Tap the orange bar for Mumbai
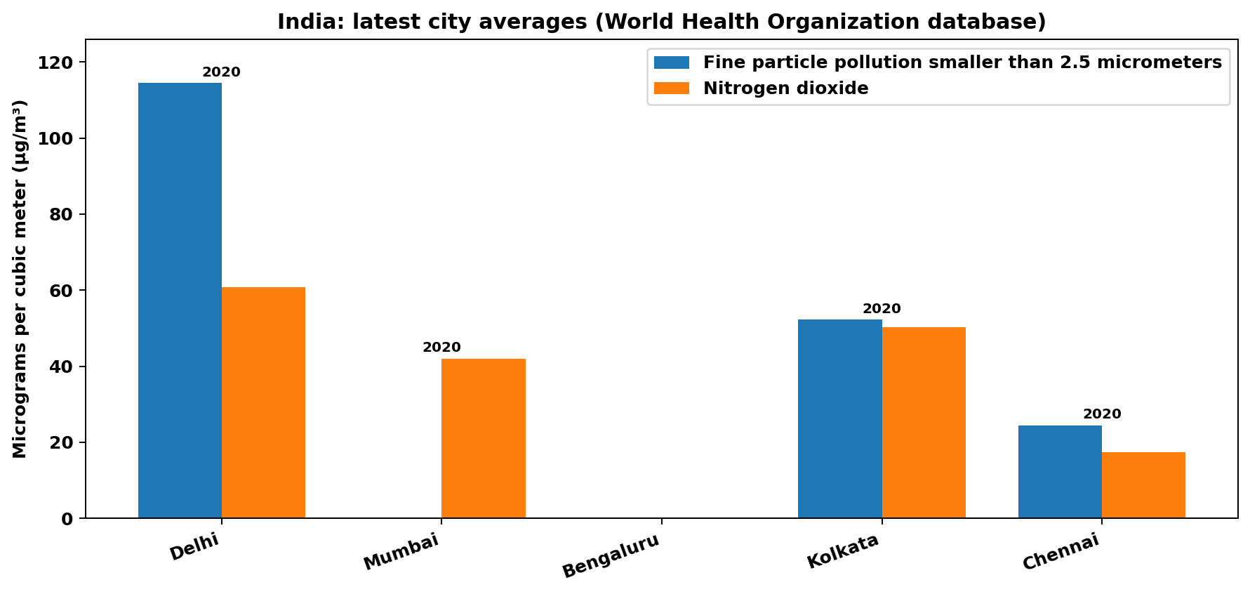[484, 438]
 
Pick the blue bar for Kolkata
[839, 418]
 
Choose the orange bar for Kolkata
[924, 423]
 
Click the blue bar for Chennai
[1060, 472]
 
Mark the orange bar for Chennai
[1143, 485]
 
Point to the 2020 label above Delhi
[221, 72]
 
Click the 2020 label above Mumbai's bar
[441, 348]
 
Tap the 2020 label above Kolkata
[882, 309]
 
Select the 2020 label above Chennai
[1102, 414]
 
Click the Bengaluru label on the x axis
[611, 556]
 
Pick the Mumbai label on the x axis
[401, 552]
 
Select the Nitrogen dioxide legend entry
[785, 88]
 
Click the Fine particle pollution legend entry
[962, 62]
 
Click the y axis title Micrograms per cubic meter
[20, 279]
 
